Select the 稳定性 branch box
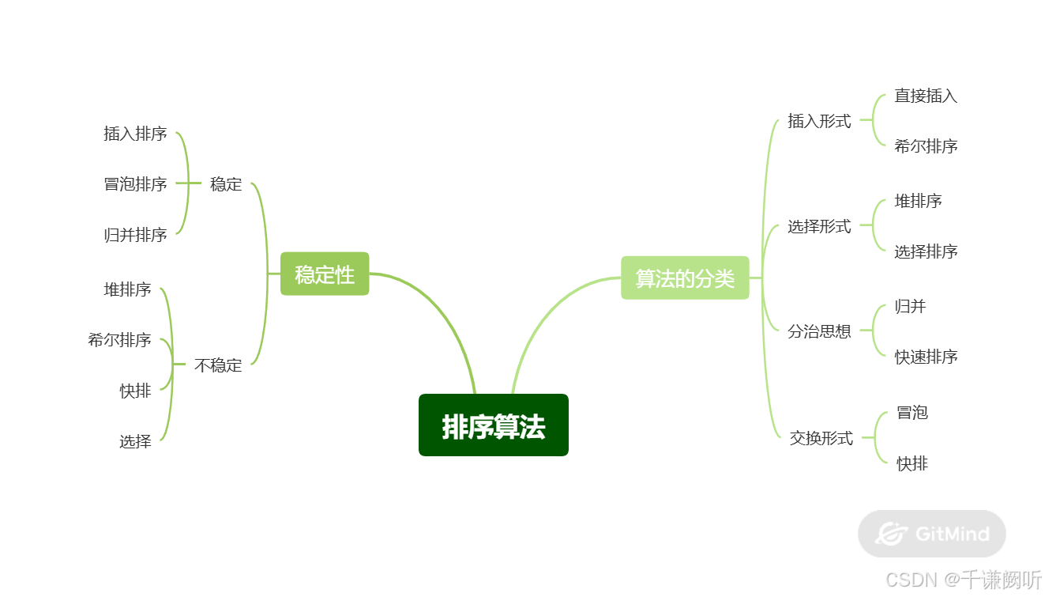coord(325,274)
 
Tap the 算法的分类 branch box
coord(685,278)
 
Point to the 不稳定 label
coord(218,365)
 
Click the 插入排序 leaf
coord(135,134)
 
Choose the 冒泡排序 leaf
coord(135,184)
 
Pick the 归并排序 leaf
coord(135,235)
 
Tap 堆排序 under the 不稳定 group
coord(127,289)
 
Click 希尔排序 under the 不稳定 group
coord(119,340)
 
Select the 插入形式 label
coord(819,121)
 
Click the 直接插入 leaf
coord(926,96)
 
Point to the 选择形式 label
coord(819,226)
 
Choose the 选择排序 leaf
coord(926,251)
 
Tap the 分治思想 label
coord(819,331)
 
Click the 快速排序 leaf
coord(926,357)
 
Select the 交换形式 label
coord(821,437)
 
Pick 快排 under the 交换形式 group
coord(912,463)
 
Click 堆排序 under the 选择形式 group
coord(918,201)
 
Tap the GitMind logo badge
coord(931,534)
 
